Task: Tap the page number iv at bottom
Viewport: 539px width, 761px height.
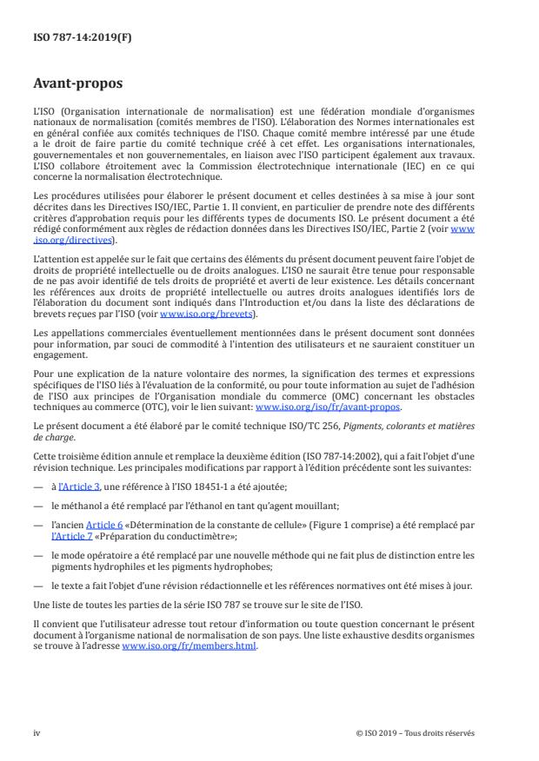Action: coord(37,732)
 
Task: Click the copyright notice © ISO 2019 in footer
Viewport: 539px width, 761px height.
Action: coord(416,732)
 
